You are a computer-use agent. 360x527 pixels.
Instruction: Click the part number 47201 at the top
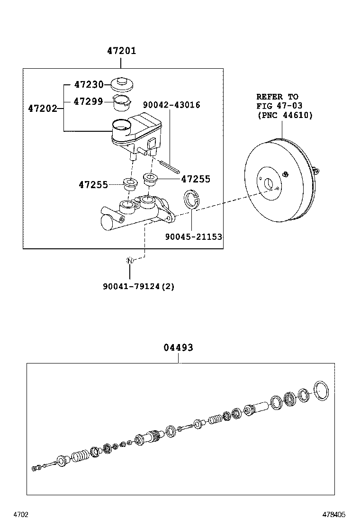click(121, 51)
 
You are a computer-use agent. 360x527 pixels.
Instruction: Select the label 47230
click(89, 85)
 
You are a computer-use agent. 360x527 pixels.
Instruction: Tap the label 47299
click(89, 101)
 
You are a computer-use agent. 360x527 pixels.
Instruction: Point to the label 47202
click(43, 109)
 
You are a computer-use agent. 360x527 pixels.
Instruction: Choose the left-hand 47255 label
click(93, 184)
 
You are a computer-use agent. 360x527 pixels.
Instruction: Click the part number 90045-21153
click(193, 236)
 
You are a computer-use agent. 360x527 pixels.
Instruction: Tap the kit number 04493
click(178, 348)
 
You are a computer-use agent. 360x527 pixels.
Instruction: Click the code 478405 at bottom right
click(334, 514)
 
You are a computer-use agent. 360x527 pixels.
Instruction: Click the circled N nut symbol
click(129, 260)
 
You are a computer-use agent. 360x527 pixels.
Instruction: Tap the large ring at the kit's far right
click(323, 390)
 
